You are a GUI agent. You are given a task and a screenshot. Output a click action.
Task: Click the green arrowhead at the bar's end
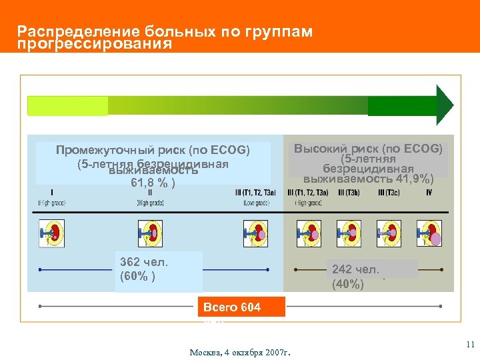(444, 105)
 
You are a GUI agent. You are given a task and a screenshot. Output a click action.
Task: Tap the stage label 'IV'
(429, 193)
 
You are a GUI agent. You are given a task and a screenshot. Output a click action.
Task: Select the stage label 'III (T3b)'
(350, 193)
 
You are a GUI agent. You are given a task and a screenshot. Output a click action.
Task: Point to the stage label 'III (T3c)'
(389, 193)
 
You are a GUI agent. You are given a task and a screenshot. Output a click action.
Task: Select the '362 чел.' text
(143, 262)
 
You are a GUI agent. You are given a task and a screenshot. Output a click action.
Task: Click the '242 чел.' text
(355, 270)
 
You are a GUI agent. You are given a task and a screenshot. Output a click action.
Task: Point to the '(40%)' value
(347, 285)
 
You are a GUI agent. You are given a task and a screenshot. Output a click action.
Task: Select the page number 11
(469, 345)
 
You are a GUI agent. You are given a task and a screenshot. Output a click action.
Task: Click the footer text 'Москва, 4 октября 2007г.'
(244, 352)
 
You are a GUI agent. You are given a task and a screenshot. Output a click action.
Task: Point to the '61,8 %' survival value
(153, 181)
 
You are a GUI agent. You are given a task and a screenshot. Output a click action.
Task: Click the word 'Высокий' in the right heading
(319, 149)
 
